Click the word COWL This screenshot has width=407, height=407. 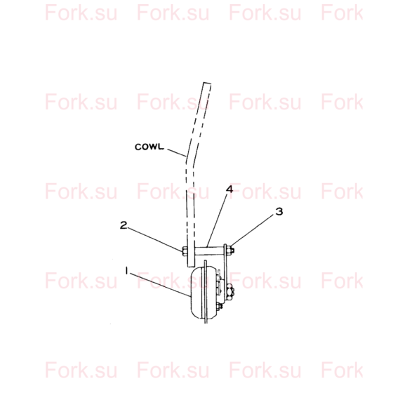pyautogui.click(x=149, y=147)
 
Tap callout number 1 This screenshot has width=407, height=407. pyautogui.click(x=127, y=271)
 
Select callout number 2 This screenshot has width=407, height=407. pyautogui.click(x=124, y=225)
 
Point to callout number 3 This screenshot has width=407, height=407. pyautogui.click(x=279, y=211)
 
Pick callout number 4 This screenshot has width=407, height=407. pyautogui.click(x=229, y=189)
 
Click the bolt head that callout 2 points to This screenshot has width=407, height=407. pyautogui.click(x=185, y=251)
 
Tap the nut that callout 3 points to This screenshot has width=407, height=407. pyautogui.click(x=231, y=251)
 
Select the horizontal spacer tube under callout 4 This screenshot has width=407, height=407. pyautogui.click(x=209, y=251)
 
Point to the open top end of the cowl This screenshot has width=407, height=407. pyautogui.click(x=207, y=84)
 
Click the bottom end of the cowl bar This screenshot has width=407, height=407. pyautogui.click(x=191, y=267)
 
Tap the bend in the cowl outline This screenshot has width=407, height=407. pyautogui.click(x=189, y=162)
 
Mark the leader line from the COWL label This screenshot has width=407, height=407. pyautogui.click(x=177, y=153)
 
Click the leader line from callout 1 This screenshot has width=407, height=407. pyautogui.click(x=159, y=284)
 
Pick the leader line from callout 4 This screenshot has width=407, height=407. pyautogui.click(x=218, y=220)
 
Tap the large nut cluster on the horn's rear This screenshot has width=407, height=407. pyautogui.click(x=230, y=291)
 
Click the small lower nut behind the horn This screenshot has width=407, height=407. pyautogui.click(x=220, y=307)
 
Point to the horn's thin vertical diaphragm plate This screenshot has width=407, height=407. pyautogui.click(x=206, y=292)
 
